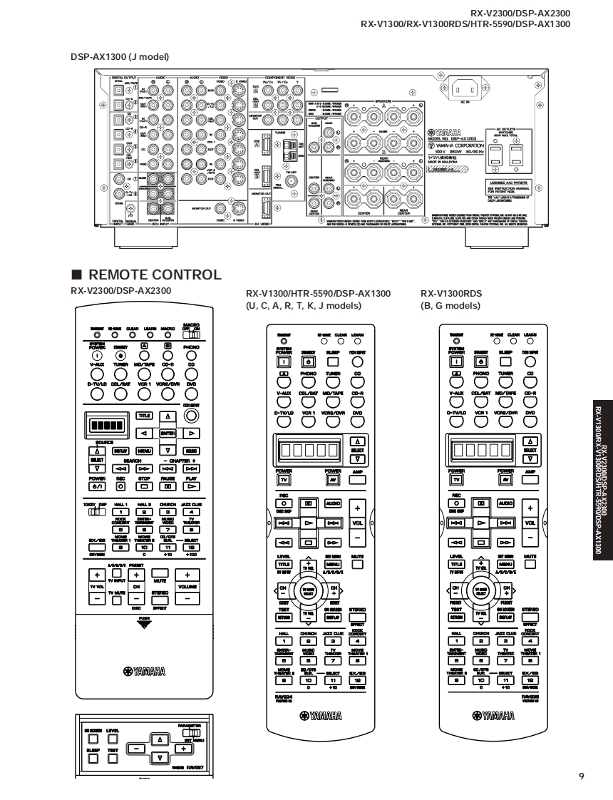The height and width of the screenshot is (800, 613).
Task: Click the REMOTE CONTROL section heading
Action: (146, 275)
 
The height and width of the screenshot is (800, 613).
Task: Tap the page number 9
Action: (581, 776)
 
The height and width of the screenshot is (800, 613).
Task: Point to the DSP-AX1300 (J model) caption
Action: (119, 57)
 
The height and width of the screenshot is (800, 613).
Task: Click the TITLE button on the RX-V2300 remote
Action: (144, 416)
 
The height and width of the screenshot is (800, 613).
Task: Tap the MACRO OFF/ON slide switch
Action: (190, 334)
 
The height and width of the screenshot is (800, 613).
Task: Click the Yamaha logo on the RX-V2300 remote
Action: (144, 671)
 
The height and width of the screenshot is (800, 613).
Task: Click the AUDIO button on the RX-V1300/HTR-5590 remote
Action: (333, 503)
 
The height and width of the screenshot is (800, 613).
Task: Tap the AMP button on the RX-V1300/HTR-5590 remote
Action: (357, 479)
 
